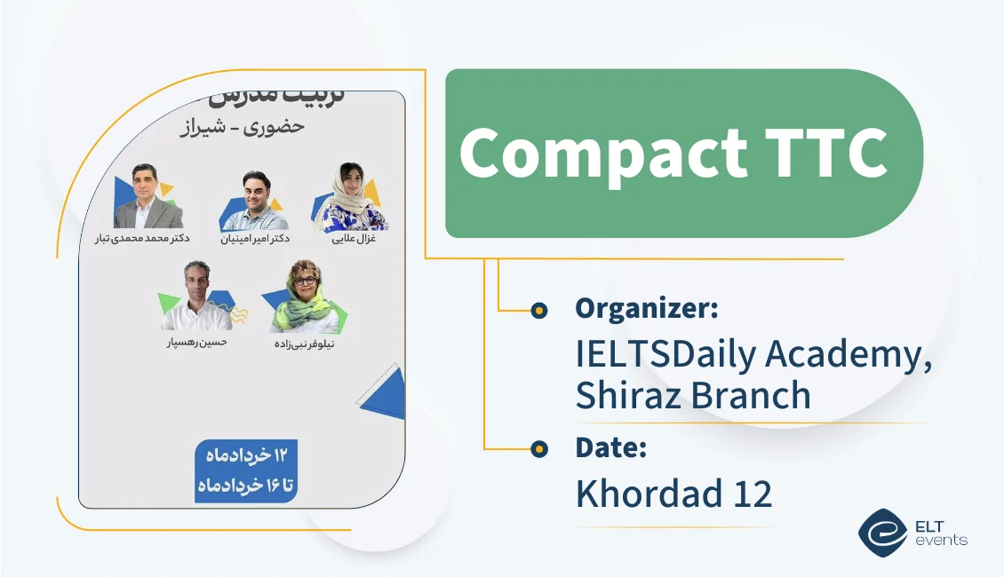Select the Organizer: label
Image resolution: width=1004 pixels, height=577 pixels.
[647, 308]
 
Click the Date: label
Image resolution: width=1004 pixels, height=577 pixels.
[610, 448]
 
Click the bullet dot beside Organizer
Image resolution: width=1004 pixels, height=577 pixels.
[538, 310]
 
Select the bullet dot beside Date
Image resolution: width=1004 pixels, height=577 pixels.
[538, 449]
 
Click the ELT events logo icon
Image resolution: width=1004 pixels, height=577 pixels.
[881, 531]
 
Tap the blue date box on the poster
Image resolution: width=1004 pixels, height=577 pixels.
[246, 470]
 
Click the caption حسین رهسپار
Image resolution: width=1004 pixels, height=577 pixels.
[196, 342]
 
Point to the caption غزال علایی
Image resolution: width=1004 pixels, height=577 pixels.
[352, 239]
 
